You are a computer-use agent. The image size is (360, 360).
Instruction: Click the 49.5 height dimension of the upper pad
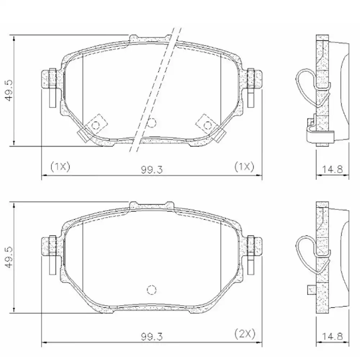(9, 90)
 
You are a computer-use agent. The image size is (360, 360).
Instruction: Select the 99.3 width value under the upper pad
(152, 168)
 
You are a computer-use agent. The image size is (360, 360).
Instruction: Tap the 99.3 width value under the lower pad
(152, 337)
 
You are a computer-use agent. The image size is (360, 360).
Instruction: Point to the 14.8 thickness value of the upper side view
(332, 168)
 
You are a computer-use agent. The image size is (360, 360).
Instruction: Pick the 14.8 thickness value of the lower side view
(332, 337)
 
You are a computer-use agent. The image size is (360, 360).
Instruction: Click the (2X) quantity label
(244, 334)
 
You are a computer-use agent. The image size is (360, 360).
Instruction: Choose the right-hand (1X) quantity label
(244, 166)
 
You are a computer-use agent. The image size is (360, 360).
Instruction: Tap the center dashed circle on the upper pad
(152, 123)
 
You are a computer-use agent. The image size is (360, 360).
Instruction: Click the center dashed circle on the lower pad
(152, 289)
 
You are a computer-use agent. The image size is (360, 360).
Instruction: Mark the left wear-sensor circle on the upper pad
(96, 125)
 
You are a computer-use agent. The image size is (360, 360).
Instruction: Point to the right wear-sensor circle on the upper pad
(207, 125)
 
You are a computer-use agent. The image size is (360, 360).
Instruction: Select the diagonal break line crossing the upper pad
(155, 90)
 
